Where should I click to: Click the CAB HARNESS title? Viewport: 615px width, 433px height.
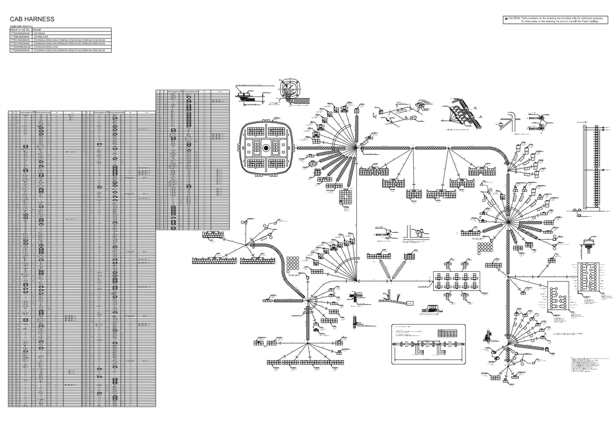click(x=32, y=19)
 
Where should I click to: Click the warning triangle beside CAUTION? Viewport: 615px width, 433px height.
click(x=506, y=18)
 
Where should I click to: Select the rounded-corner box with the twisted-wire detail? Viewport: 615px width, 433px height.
click(x=428, y=344)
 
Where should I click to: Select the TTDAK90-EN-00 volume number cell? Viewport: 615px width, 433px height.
click(x=21, y=33)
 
